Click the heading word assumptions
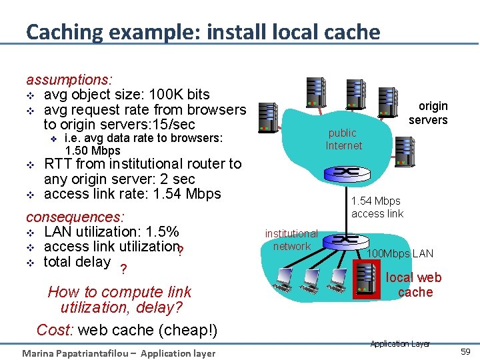pyautogui.click(x=69, y=79)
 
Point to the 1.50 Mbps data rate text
pyautogui.click(x=93, y=151)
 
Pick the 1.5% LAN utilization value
pyautogui.click(x=161, y=233)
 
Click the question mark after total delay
pyautogui.click(x=122, y=270)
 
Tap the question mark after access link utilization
pyautogui.click(x=181, y=252)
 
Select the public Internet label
pyautogui.click(x=343, y=139)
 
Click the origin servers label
pyautogui.click(x=428, y=113)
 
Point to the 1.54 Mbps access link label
pyautogui.click(x=377, y=207)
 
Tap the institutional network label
pyautogui.click(x=291, y=240)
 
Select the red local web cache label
pyautogui.click(x=414, y=285)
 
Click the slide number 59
pyautogui.click(x=465, y=350)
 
